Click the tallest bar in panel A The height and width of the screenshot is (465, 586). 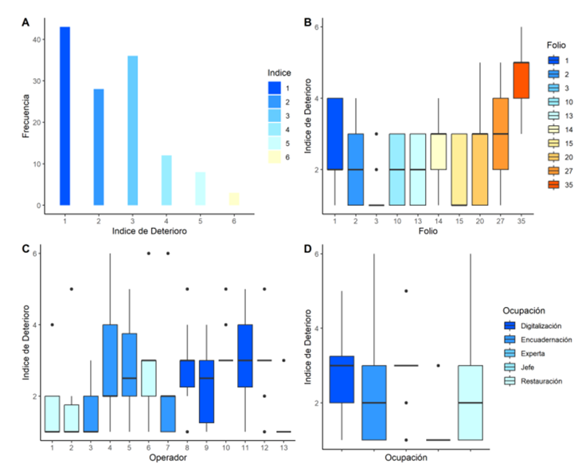pos(64,116)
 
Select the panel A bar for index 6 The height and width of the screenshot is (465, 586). pos(233,199)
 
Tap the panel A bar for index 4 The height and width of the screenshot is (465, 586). pos(166,180)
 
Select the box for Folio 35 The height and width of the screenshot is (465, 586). pos(521,80)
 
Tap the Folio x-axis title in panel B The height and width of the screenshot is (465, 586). pos(428,232)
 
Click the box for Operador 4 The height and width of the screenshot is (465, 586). pos(110,360)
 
